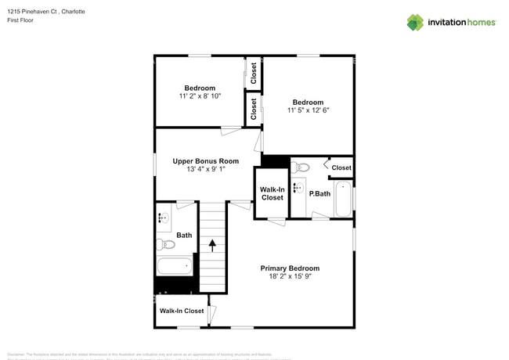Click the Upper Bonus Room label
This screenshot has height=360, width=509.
point(206,160)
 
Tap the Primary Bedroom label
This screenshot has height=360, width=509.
point(290,268)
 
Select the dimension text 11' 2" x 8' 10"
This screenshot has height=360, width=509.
point(200,96)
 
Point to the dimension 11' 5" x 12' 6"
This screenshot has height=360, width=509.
point(308,111)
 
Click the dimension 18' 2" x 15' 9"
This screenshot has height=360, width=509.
point(290,277)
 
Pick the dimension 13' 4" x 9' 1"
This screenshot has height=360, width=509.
point(206,169)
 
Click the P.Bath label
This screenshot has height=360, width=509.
point(319,193)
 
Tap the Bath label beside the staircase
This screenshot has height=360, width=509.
point(184,235)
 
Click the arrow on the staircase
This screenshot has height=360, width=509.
point(211,244)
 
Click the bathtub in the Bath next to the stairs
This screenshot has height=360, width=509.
point(175,266)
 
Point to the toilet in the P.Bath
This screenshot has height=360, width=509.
point(302,167)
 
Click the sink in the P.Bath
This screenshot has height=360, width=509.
point(298,187)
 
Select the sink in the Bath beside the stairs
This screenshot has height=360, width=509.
point(164,218)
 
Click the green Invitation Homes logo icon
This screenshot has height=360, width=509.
point(415,22)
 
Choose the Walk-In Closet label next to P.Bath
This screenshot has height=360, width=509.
point(272,193)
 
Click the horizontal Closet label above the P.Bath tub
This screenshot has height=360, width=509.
point(341,167)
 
